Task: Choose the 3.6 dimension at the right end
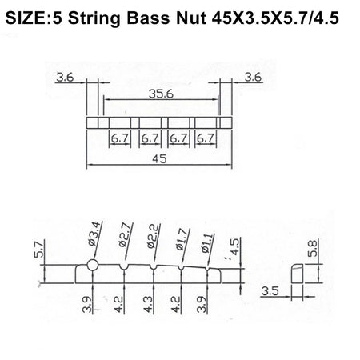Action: coord(253,78)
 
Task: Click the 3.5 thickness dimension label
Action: coord(270,293)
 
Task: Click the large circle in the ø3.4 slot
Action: coord(93,266)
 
